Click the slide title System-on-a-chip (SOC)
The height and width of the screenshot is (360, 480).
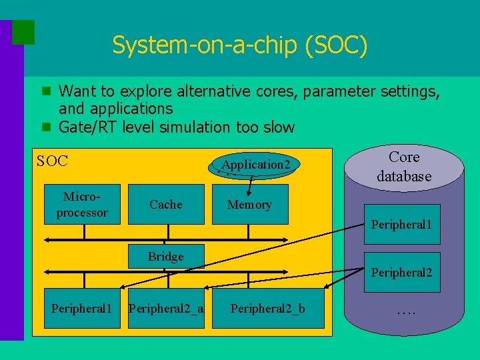coord(239,45)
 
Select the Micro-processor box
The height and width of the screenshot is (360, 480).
coord(82,205)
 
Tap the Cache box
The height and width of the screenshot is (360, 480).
coord(166,205)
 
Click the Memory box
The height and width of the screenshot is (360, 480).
coord(249,205)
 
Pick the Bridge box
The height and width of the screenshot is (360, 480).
coord(166,257)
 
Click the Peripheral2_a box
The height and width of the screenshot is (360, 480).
coord(166,309)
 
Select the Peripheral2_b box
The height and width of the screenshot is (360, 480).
coord(267,309)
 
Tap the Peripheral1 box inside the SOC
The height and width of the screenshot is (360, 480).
coord(82,309)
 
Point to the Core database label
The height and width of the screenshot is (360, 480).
coord(404,167)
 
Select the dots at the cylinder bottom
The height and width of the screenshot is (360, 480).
coord(405,310)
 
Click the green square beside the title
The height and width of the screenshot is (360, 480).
coord(23,32)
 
